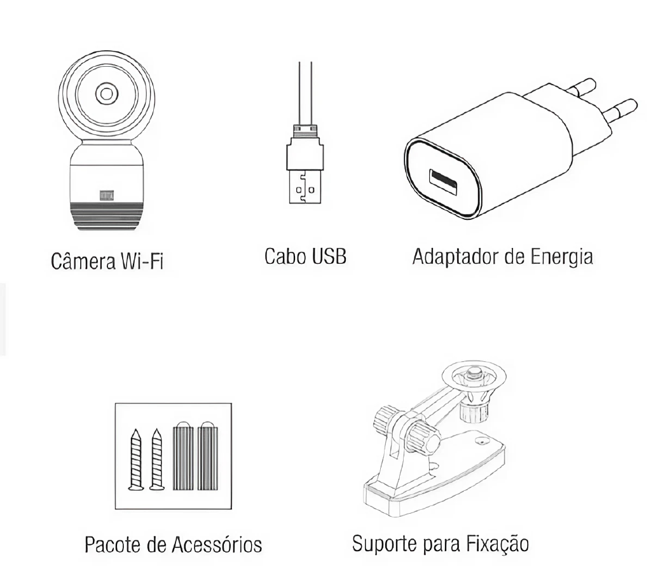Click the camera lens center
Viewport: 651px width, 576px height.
tap(106, 94)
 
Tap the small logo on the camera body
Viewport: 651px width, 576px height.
tap(106, 196)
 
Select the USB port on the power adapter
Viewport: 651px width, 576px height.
tap(443, 182)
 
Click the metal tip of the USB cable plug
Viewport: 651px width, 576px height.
tap(305, 187)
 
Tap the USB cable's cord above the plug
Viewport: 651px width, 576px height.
tap(305, 93)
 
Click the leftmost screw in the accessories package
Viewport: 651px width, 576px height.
tap(135, 460)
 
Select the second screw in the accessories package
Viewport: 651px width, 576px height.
tap(156, 460)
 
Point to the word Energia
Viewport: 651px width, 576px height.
tap(561, 257)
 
